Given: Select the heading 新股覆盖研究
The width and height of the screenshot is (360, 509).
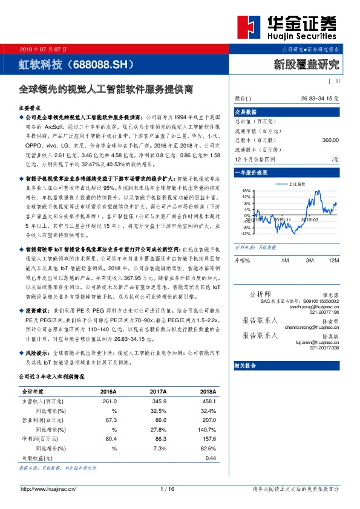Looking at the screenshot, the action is (307, 63).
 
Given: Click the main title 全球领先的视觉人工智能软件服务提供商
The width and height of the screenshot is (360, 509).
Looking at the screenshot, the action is (105, 88).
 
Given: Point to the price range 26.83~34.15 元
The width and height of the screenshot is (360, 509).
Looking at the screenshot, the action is (319, 98).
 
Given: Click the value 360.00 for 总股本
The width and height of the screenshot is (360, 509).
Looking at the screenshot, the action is (330, 140).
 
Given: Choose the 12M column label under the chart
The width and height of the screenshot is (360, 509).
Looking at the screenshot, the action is (333, 260).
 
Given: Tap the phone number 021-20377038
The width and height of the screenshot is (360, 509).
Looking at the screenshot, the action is (324, 348).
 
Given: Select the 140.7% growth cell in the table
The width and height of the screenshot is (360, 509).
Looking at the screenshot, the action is (207, 431).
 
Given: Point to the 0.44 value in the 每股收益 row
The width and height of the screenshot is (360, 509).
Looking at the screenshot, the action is (211, 458).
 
